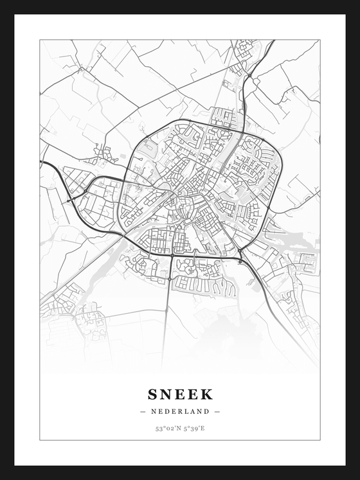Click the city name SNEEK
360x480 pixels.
click(180, 394)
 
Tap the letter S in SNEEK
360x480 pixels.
click(152, 394)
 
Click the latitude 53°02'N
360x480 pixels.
click(166, 429)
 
